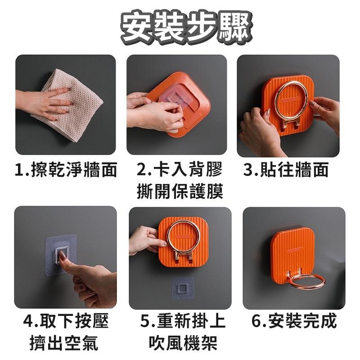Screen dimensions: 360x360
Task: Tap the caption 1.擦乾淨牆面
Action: [66, 170]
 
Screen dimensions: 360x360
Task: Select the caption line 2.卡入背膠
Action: [180, 170]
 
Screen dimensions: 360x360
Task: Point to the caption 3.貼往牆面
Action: [286, 170]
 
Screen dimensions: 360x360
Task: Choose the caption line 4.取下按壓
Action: [66, 321]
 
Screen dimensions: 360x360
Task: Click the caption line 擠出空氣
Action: [66, 343]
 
